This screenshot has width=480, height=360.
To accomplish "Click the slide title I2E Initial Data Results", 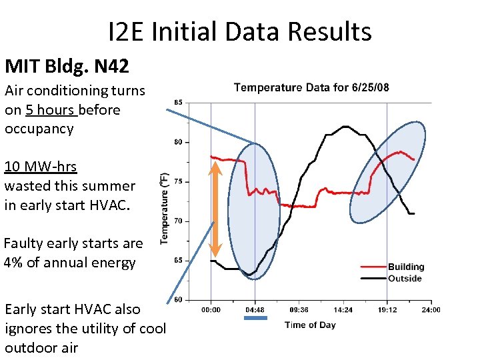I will click(x=239, y=31).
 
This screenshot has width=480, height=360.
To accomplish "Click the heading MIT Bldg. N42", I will click(x=67, y=66).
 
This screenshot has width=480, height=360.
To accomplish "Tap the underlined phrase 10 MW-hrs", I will click(x=41, y=167).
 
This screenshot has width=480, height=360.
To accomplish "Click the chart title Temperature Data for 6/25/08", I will click(x=312, y=87).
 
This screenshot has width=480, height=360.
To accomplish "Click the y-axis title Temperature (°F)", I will click(x=164, y=208).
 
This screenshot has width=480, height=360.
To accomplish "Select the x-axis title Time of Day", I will click(x=310, y=325).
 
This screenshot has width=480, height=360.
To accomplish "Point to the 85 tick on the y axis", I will click(x=178, y=103).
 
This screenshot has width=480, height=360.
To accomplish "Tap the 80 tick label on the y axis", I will click(x=178, y=142).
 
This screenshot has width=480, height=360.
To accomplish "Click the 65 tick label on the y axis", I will click(x=178, y=261).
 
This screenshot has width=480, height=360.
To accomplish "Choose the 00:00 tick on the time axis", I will click(x=211, y=310).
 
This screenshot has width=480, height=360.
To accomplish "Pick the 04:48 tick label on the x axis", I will click(x=255, y=310).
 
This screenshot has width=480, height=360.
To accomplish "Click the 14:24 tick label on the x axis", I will click(x=343, y=310).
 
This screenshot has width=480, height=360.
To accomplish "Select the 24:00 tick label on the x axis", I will click(x=431, y=310).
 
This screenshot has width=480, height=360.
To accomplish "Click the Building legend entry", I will click(x=406, y=267).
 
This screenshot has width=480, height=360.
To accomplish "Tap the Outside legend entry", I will click(x=405, y=278).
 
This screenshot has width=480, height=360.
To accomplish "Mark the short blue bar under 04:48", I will click(x=255, y=319).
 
